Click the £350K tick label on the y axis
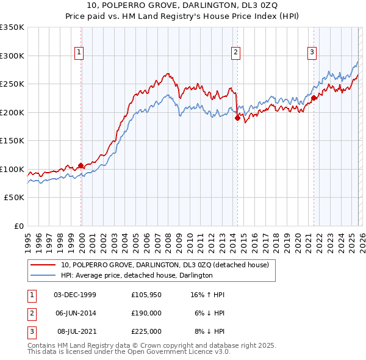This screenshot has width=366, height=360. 12,27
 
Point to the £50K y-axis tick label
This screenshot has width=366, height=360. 14,198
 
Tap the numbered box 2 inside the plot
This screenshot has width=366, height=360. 235,53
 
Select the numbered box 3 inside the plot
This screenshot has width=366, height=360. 312,53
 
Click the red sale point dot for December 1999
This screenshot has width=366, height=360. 81,165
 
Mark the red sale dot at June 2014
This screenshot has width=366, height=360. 237,118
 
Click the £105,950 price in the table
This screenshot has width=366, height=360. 146,295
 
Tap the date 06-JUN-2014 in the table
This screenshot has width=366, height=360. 75,313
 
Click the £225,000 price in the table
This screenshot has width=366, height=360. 146,331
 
